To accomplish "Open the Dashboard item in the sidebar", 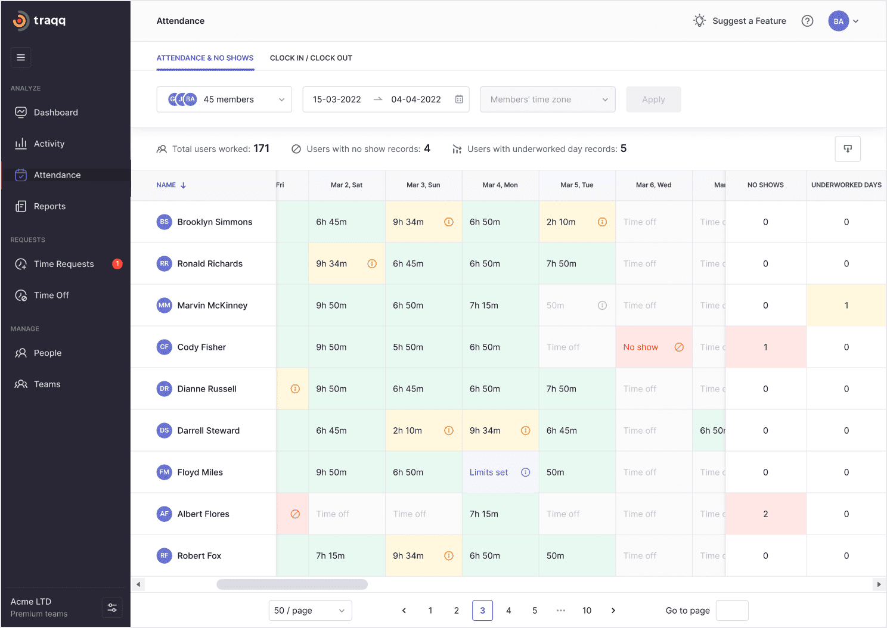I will click(x=55, y=113).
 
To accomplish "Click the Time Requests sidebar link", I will click(x=63, y=264).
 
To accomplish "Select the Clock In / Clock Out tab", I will click(x=311, y=58).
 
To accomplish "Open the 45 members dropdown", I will click(x=224, y=100).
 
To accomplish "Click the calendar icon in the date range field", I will click(x=459, y=100).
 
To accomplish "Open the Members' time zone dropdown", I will click(x=547, y=100).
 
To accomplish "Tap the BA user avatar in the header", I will click(x=838, y=21).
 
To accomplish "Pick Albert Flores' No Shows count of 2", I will click(x=765, y=514).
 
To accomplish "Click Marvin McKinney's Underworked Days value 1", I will click(x=846, y=306).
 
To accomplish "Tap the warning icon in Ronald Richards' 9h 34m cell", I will click(x=372, y=264).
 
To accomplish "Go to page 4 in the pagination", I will click(x=508, y=611).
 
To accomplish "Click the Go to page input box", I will click(x=731, y=611).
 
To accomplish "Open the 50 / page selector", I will click(x=310, y=611).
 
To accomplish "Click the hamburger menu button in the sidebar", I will click(x=21, y=58).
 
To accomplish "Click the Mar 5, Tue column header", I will click(x=576, y=185).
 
